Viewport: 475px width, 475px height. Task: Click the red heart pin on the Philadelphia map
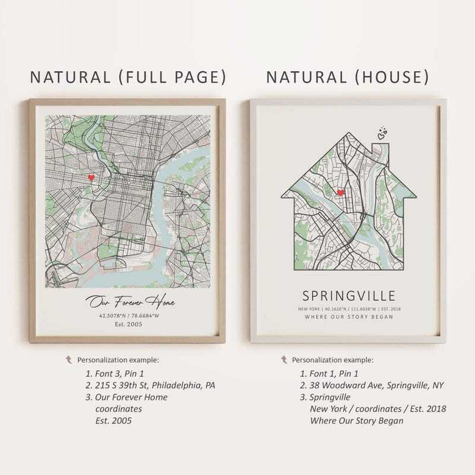click(x=91, y=177)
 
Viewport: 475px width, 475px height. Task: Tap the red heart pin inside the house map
click(x=340, y=192)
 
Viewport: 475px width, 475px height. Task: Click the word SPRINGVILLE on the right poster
click(x=349, y=296)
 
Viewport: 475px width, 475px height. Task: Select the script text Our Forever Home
click(x=130, y=302)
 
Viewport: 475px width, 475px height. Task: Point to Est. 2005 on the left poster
click(x=129, y=325)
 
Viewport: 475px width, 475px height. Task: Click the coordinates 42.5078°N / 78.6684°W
click(x=129, y=316)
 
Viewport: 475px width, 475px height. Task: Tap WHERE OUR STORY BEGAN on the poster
click(x=349, y=317)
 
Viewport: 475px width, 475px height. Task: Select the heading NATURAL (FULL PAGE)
click(x=128, y=77)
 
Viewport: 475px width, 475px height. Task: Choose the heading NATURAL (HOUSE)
click(x=348, y=77)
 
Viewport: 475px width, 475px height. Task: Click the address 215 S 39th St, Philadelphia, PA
click(x=155, y=385)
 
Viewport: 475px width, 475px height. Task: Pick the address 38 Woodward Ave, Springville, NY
click(x=377, y=385)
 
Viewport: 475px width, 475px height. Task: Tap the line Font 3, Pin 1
click(x=119, y=373)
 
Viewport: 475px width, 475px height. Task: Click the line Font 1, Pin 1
click(x=334, y=373)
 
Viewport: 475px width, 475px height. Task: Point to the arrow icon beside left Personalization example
click(x=68, y=360)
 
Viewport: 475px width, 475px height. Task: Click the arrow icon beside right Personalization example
click(x=284, y=360)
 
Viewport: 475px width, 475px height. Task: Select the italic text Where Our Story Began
click(x=356, y=421)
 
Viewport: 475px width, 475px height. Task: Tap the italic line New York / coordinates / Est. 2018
click(x=377, y=409)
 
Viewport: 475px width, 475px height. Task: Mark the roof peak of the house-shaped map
click(x=349, y=134)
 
